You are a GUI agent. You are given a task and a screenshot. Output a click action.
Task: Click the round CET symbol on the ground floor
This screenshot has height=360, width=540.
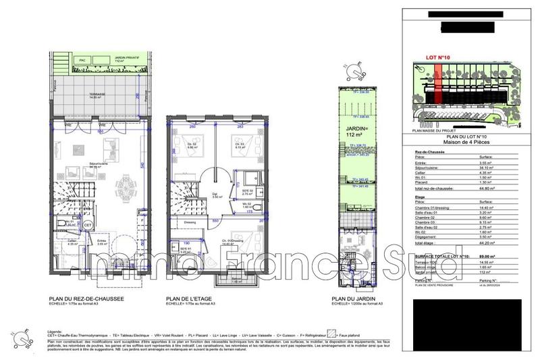tap(88, 226)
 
